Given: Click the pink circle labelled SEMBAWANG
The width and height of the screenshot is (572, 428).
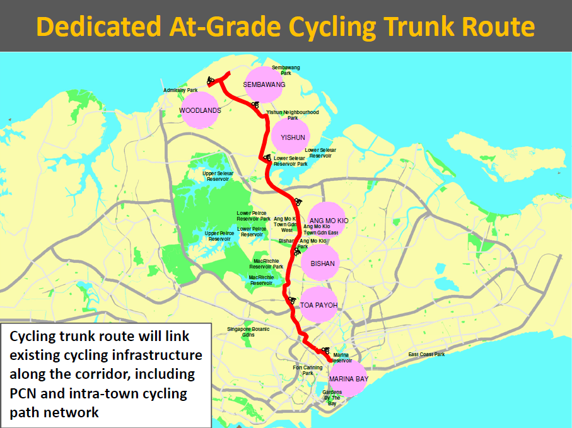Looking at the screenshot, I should point(264,84).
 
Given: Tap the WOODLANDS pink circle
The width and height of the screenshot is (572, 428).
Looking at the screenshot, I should point(200,110).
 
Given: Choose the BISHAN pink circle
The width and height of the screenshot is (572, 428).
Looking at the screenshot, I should point(319,263).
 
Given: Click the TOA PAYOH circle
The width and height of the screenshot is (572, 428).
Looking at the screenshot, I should point(318,305).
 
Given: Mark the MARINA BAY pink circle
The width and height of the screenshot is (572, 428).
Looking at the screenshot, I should point(347,378).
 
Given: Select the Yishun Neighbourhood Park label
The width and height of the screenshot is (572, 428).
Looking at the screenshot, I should point(293,115).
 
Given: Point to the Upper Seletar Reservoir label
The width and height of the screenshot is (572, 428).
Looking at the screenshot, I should point(218,176).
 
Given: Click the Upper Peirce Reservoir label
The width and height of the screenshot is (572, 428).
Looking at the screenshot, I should point(219,236).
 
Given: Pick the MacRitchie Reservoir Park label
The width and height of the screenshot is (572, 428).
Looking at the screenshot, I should point(268,263).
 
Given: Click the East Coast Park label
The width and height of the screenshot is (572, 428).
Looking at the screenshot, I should point(426,354).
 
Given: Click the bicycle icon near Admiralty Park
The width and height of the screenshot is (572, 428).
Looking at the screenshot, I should point(211,79).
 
